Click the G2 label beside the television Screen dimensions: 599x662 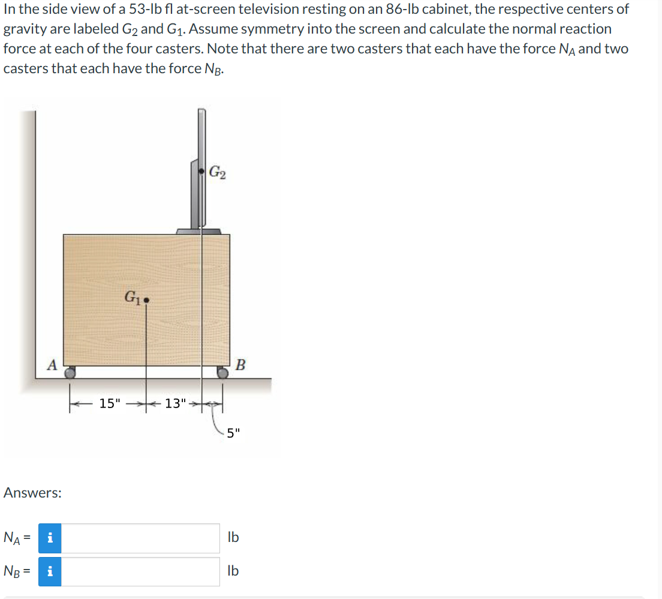point(218,172)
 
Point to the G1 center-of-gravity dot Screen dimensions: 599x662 point(146,298)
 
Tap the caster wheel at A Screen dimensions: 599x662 point(71,373)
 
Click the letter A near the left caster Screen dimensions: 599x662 point(53,364)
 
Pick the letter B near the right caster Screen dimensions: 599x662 point(240,364)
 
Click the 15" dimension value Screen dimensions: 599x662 point(110,403)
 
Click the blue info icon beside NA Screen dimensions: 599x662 point(50,538)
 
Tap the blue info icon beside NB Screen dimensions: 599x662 point(50,571)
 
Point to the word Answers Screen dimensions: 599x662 point(32,493)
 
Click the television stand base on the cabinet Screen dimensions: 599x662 point(198,231)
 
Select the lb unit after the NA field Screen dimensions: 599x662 point(233,537)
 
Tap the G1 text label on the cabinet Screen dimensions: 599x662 point(133,296)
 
